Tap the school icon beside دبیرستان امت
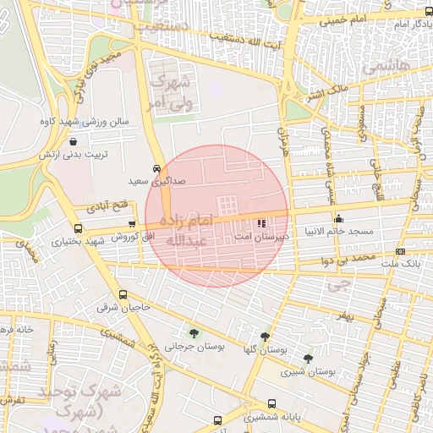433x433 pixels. click(x=260, y=224)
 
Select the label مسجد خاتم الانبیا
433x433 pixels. click(x=338, y=231)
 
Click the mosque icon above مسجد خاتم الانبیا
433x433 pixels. click(x=338, y=218)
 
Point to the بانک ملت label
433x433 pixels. click(x=399, y=264)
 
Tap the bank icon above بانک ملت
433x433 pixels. click(x=399, y=251)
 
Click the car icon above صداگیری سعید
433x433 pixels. click(x=157, y=168)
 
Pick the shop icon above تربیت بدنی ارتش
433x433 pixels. click(x=72, y=142)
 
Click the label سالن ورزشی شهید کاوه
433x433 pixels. click(x=83, y=122)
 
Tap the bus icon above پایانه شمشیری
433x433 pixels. click(x=271, y=403)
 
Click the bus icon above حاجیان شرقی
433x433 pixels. click(x=123, y=295)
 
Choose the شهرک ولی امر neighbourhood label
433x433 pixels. click(x=171, y=93)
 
